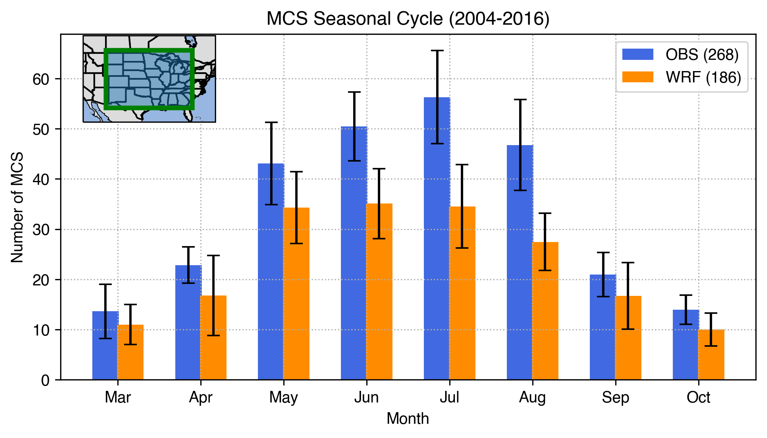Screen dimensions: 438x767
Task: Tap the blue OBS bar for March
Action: tap(105, 348)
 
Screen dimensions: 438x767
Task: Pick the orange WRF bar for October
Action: tap(711, 355)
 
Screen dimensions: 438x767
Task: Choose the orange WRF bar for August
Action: tap(545, 314)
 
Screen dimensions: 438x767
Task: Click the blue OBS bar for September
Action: tap(603, 329)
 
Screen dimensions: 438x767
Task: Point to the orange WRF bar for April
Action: tap(213, 340)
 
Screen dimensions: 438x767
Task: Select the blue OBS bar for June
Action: tap(354, 254)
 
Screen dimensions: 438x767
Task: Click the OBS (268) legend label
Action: tap(702, 55)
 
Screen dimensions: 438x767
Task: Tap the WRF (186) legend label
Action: tap(703, 77)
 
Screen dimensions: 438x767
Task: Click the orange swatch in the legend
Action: tap(638, 77)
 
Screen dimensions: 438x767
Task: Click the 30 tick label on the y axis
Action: tap(41, 230)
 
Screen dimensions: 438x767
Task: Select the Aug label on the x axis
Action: tap(532, 397)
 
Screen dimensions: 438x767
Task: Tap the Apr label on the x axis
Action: tap(201, 397)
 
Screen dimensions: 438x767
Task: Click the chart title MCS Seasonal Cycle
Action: tap(408, 18)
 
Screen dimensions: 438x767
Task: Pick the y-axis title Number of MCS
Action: tap(17, 207)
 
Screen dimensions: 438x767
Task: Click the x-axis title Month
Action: tap(408, 419)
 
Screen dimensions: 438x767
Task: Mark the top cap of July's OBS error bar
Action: tap(437, 50)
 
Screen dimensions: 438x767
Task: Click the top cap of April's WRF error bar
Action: tap(213, 255)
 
